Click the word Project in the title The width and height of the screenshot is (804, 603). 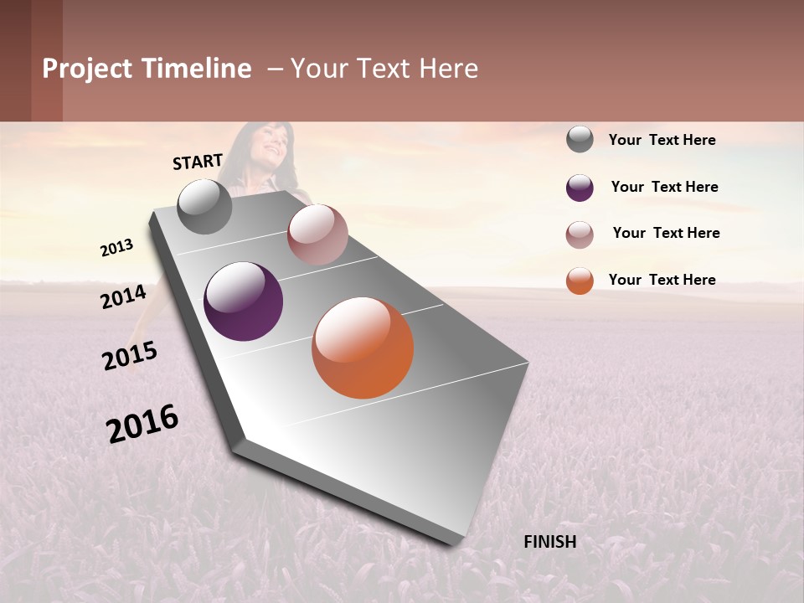pos(88,69)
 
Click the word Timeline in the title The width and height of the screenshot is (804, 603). pos(197,69)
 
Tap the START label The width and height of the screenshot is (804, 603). pos(198,162)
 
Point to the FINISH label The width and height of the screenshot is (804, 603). pos(550,542)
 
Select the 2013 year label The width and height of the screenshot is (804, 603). pos(116,248)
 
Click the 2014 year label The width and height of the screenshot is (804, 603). pos(124,296)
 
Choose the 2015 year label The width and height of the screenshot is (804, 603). pos(130,356)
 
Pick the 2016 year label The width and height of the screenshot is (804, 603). pos(142,424)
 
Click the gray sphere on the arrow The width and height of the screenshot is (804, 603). pos(205,206)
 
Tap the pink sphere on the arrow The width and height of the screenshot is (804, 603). pos(317,234)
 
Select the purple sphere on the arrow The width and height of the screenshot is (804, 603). pos(244,301)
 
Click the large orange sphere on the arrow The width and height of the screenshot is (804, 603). pos(363,348)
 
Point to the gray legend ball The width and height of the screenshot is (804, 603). pos(580,140)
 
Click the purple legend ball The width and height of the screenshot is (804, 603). pos(580,188)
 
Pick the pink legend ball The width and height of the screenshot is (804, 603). pos(580,234)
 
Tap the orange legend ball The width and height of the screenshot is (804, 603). pos(580,281)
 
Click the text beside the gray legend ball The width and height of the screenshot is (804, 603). pos(662,140)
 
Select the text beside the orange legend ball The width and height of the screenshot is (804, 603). pos(662,280)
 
